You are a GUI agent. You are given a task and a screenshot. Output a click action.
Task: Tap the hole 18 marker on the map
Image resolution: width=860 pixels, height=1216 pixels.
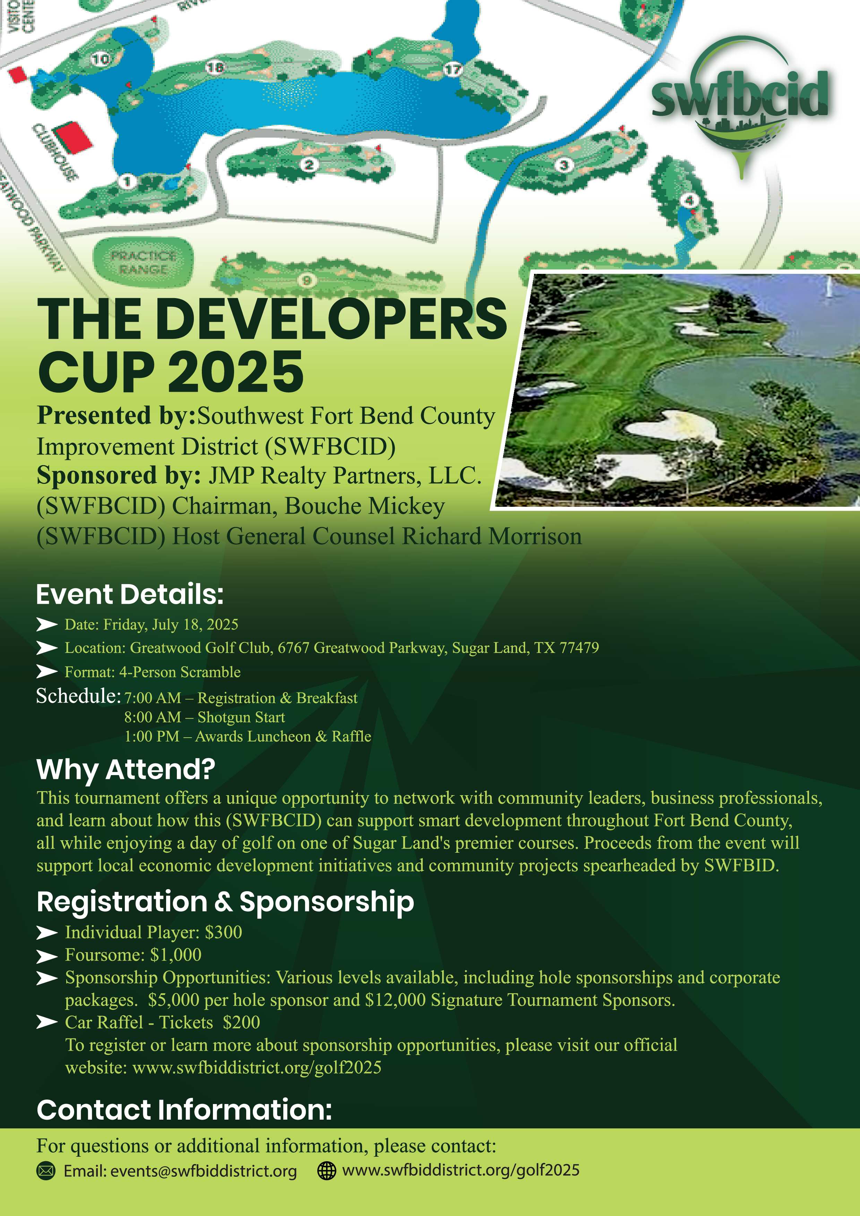tap(215, 67)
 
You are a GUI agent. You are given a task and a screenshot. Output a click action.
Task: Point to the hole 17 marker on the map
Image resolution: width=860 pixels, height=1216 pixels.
tap(453, 69)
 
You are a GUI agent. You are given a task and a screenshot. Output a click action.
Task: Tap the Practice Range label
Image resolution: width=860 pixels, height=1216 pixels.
tap(143, 262)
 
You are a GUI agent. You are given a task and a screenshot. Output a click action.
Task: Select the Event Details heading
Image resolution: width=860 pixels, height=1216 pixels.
tap(130, 594)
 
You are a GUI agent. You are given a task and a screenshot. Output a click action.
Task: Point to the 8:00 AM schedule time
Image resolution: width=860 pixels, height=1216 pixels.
tap(153, 717)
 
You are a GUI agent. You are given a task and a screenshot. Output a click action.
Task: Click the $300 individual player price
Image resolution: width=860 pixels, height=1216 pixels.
tap(223, 932)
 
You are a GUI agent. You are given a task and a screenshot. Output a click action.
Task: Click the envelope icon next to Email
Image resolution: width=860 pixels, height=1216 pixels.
tap(46, 1171)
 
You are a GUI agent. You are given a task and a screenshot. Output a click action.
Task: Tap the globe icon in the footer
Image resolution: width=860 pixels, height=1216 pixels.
tap(326, 1171)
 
